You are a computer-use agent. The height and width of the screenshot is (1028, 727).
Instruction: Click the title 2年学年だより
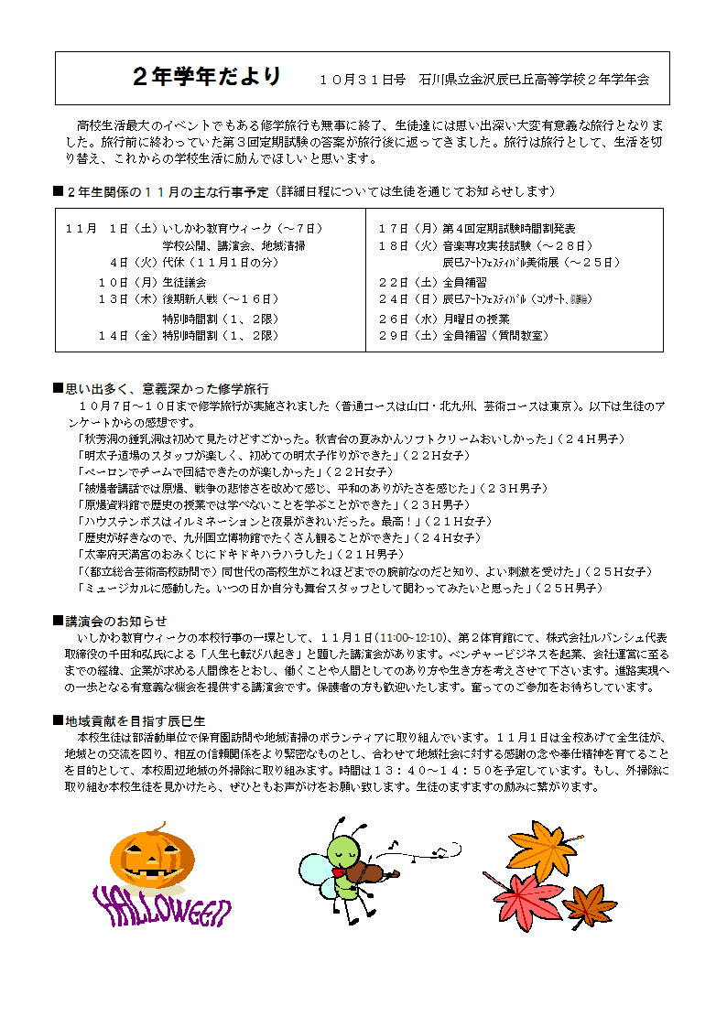(x=207, y=77)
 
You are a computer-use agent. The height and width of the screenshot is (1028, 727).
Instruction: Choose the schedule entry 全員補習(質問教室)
(x=495, y=336)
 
